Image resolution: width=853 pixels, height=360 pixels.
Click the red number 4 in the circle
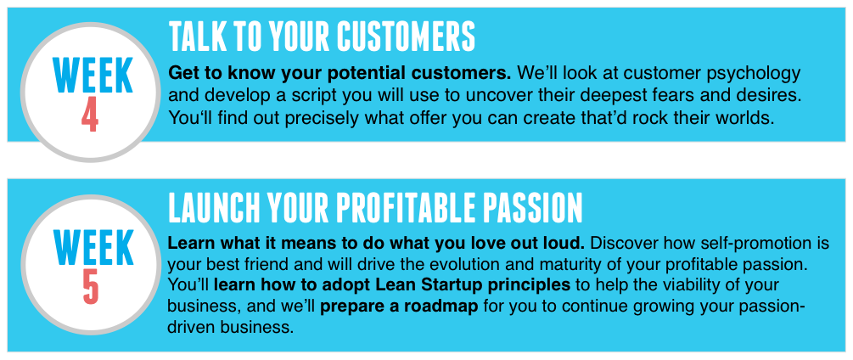90,115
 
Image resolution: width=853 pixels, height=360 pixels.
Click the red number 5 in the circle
90,287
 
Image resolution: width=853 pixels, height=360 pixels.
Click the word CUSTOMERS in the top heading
406,37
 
